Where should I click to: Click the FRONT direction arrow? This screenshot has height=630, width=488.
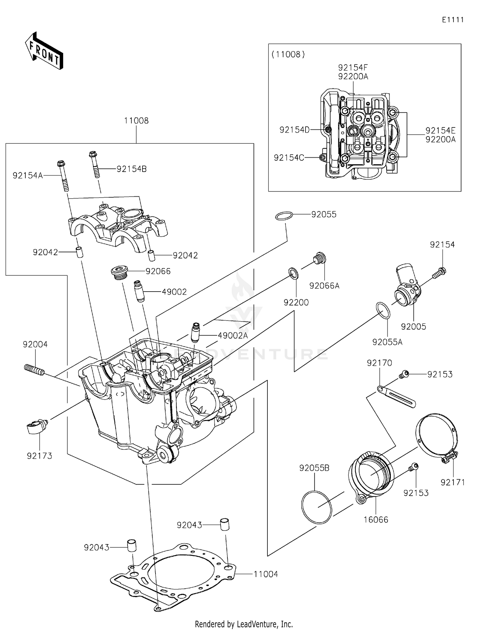(44, 51)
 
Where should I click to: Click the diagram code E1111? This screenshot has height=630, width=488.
(453, 20)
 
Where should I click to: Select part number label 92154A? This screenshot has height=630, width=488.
(28, 176)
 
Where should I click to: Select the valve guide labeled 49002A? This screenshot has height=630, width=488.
(196, 332)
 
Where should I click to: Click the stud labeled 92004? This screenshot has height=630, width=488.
(34, 370)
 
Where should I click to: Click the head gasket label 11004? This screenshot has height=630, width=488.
(265, 574)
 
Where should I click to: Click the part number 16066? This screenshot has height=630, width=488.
(376, 519)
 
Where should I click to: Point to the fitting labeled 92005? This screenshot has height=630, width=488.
(407, 286)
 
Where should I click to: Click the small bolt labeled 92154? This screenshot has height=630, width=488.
(439, 273)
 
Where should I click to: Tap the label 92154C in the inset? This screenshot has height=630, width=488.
(289, 158)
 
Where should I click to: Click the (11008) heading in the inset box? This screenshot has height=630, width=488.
(288, 54)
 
